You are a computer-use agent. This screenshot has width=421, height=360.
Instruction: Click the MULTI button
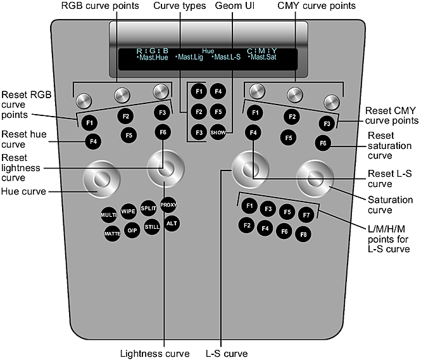pyautogui.click(x=108, y=215)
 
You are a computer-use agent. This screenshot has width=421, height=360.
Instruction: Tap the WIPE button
pyautogui.click(x=129, y=210)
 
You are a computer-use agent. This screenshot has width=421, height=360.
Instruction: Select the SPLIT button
pyautogui.click(x=149, y=208)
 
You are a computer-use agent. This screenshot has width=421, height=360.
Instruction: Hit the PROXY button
pyautogui.click(x=168, y=205)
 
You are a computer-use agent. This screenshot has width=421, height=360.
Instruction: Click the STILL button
pyautogui.click(x=152, y=226)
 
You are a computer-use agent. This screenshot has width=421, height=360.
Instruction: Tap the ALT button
pyautogui.click(x=172, y=223)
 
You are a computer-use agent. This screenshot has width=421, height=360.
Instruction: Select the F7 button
pyautogui.click(x=306, y=215)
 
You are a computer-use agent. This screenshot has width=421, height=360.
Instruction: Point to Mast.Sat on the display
pyautogui.click(x=264, y=57)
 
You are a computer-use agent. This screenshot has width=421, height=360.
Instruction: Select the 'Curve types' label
pyautogui.click(x=180, y=6)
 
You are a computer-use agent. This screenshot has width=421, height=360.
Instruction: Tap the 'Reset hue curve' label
pyautogui.click(x=23, y=139)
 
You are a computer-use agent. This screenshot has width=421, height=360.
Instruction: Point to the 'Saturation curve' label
pyautogui.click(x=390, y=205)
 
